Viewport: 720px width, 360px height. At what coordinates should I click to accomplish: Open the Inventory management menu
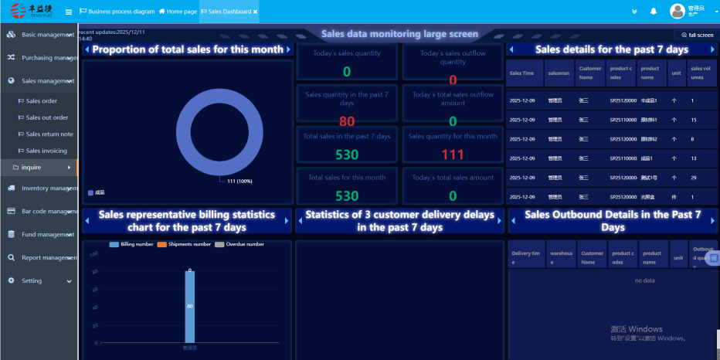click(46, 188)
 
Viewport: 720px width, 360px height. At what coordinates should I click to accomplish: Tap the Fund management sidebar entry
click(47, 234)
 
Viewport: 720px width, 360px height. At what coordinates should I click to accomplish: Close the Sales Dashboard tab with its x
click(256, 12)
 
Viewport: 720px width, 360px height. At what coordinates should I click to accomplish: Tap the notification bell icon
click(653, 12)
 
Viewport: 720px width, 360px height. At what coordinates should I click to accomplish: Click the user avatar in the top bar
click(678, 11)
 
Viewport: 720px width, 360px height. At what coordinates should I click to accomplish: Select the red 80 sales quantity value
click(347, 121)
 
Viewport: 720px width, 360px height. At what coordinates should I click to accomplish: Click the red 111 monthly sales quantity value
click(453, 155)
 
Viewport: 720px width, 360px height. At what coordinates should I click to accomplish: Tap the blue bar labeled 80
click(189, 306)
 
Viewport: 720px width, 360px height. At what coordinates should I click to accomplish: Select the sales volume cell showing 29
click(694, 178)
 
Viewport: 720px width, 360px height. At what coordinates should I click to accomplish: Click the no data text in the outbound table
click(644, 280)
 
